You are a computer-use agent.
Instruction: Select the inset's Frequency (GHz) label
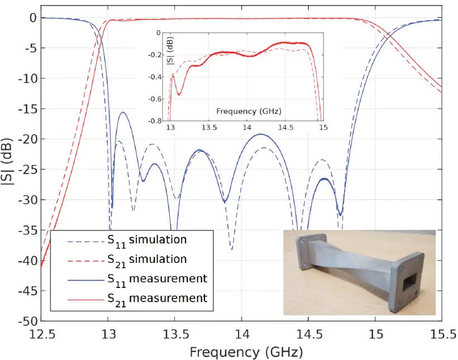(x=244, y=111)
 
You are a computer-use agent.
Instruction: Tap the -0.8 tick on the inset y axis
(x=158, y=121)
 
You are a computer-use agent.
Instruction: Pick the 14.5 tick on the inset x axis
(x=285, y=127)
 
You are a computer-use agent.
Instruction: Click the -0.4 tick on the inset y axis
(x=158, y=77)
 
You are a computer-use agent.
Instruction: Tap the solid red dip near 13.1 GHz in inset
(x=179, y=94)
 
